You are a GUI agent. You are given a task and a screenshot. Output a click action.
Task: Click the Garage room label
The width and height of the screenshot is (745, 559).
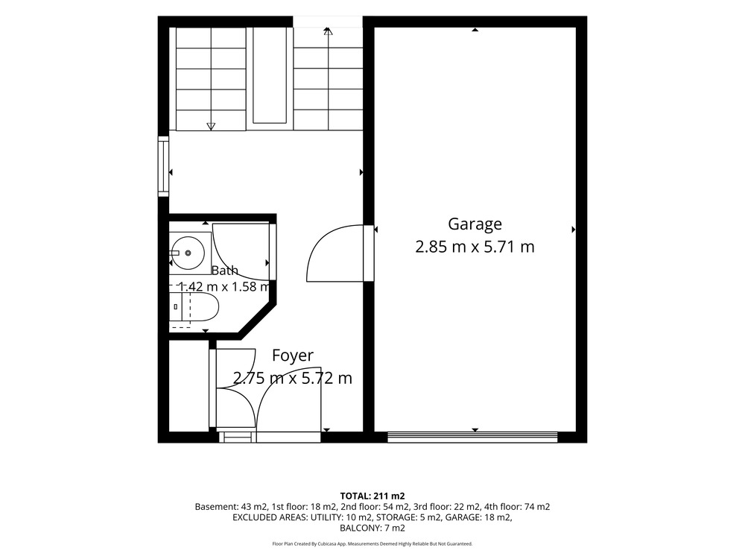pyautogui.click(x=475, y=224)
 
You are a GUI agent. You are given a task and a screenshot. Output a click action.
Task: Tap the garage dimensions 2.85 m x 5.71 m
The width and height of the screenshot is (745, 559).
pyautogui.click(x=475, y=247)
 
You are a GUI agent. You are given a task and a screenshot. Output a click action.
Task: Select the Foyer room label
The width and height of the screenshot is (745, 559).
pyautogui.click(x=293, y=356)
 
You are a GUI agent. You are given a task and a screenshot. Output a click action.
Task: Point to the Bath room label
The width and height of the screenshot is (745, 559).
pyautogui.click(x=225, y=271)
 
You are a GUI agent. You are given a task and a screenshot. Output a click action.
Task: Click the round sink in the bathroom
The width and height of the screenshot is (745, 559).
pyautogui.click(x=188, y=253)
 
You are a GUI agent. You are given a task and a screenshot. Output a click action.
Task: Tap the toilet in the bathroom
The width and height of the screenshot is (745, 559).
pyautogui.click(x=194, y=307)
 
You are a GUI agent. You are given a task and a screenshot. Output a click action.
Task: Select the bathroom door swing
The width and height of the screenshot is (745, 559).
pyautogui.click(x=242, y=250)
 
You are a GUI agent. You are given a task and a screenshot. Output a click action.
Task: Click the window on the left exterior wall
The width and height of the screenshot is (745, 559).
pyautogui.click(x=163, y=166)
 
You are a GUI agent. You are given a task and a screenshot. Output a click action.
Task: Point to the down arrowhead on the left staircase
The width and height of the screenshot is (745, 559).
pyautogui.click(x=211, y=127)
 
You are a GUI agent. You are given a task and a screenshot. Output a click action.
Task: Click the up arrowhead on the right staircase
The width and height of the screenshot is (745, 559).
pyautogui.click(x=327, y=31)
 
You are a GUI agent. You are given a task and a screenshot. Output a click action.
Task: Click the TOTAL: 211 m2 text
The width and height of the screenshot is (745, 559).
pyautogui.click(x=372, y=496)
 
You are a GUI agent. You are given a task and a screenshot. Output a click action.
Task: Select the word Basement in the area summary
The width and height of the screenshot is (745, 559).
pyautogui.click(x=213, y=507)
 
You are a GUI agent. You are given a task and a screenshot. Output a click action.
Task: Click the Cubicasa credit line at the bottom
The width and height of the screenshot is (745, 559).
pyautogui.click(x=372, y=544)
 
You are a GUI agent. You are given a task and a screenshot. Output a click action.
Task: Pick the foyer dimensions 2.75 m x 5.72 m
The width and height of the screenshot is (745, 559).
pyautogui.click(x=293, y=379)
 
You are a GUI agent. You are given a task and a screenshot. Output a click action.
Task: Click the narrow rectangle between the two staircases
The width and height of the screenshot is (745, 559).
pyautogui.click(x=270, y=76)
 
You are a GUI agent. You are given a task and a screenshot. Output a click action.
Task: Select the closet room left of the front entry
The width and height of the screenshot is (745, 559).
pyautogui.click(x=188, y=386)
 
